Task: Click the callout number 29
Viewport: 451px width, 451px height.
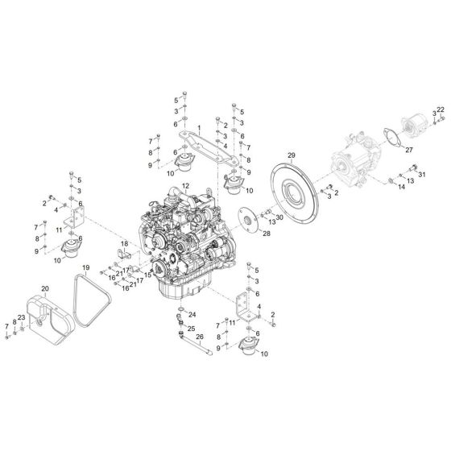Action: (x=292, y=155)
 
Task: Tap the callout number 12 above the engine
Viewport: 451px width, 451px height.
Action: (x=186, y=185)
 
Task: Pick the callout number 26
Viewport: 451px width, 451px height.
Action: (x=200, y=337)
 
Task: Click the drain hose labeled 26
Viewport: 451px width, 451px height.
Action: (x=196, y=343)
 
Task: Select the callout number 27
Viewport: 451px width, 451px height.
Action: (x=409, y=150)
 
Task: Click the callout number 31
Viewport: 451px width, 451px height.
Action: (x=422, y=174)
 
